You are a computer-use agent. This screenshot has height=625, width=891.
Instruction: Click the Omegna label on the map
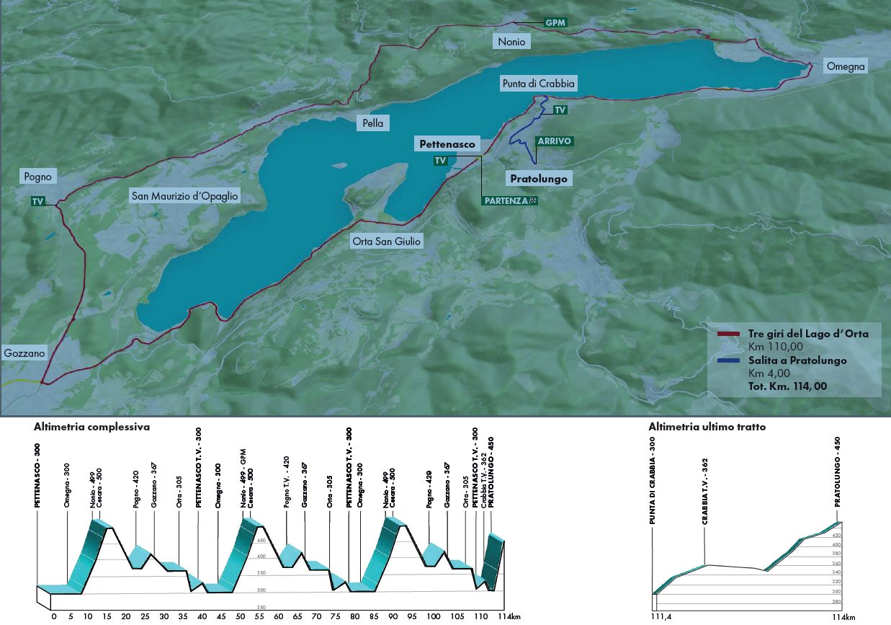click(x=846, y=66)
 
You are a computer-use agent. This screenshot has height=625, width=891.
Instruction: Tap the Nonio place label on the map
click(x=511, y=42)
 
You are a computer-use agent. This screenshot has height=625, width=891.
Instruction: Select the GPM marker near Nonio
click(x=555, y=22)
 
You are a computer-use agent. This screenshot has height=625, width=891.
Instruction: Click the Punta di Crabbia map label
click(x=538, y=84)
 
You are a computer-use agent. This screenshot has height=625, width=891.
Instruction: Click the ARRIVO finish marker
click(x=553, y=141)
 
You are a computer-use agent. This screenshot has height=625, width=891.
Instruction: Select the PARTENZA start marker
click(x=509, y=200)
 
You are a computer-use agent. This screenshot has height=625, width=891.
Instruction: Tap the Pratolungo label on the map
click(x=538, y=178)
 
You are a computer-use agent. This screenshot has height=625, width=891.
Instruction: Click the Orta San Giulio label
click(x=385, y=241)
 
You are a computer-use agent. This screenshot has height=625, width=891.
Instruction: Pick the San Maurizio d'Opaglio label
click(x=184, y=195)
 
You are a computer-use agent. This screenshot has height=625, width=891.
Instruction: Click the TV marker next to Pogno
click(x=37, y=203)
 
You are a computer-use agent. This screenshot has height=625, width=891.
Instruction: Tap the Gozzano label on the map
click(x=25, y=353)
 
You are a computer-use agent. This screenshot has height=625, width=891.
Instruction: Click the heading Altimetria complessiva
click(x=91, y=427)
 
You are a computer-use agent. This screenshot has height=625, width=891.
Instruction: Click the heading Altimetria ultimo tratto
click(x=707, y=427)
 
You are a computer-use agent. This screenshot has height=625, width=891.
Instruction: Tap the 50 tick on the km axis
click(x=241, y=617)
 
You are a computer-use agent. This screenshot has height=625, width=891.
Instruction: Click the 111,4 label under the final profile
click(x=657, y=617)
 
